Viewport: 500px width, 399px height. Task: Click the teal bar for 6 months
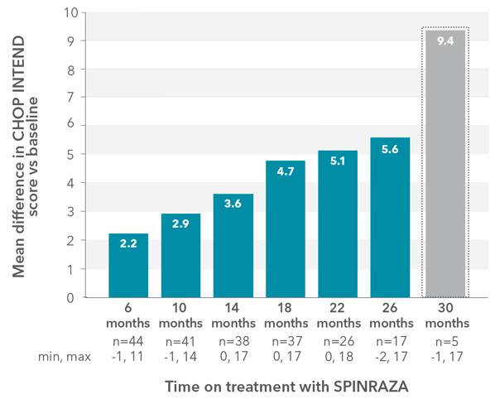tap(128, 265)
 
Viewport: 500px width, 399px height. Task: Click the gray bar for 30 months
tap(445, 166)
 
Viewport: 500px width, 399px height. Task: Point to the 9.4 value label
tap(445, 41)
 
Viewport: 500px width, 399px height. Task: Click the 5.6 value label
tap(389, 150)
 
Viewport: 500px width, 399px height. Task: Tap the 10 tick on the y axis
tap(70, 13)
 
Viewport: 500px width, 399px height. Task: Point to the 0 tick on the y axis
tap(74, 297)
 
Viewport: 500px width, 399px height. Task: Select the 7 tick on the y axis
tap(74, 98)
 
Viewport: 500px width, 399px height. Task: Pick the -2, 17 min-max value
tap(389, 356)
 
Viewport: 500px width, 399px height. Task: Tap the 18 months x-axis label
tap(285, 315)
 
